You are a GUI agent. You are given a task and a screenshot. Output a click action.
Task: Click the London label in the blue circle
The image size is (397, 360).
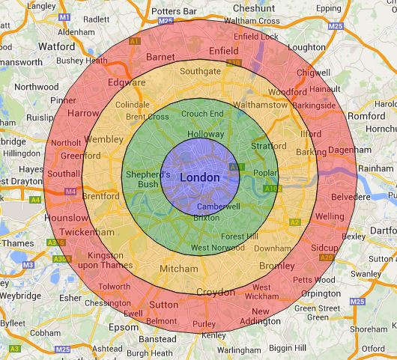(x=201, y=177)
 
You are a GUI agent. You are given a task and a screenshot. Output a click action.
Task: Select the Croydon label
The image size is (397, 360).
(x=216, y=291)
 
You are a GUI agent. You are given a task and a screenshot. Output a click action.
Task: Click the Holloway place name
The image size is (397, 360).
(x=204, y=133)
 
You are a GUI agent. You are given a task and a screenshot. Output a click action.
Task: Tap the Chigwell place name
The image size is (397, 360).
(x=313, y=73)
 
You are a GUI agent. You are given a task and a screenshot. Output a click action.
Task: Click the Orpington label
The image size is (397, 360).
(x=327, y=293)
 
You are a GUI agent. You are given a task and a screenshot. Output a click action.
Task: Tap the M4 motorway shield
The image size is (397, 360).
(x=71, y=192)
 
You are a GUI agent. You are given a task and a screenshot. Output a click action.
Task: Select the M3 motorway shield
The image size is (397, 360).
(x=28, y=265)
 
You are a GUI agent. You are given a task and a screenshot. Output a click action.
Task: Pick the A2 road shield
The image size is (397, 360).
(x=294, y=222)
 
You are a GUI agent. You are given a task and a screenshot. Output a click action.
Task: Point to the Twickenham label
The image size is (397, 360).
(x=69, y=233)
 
